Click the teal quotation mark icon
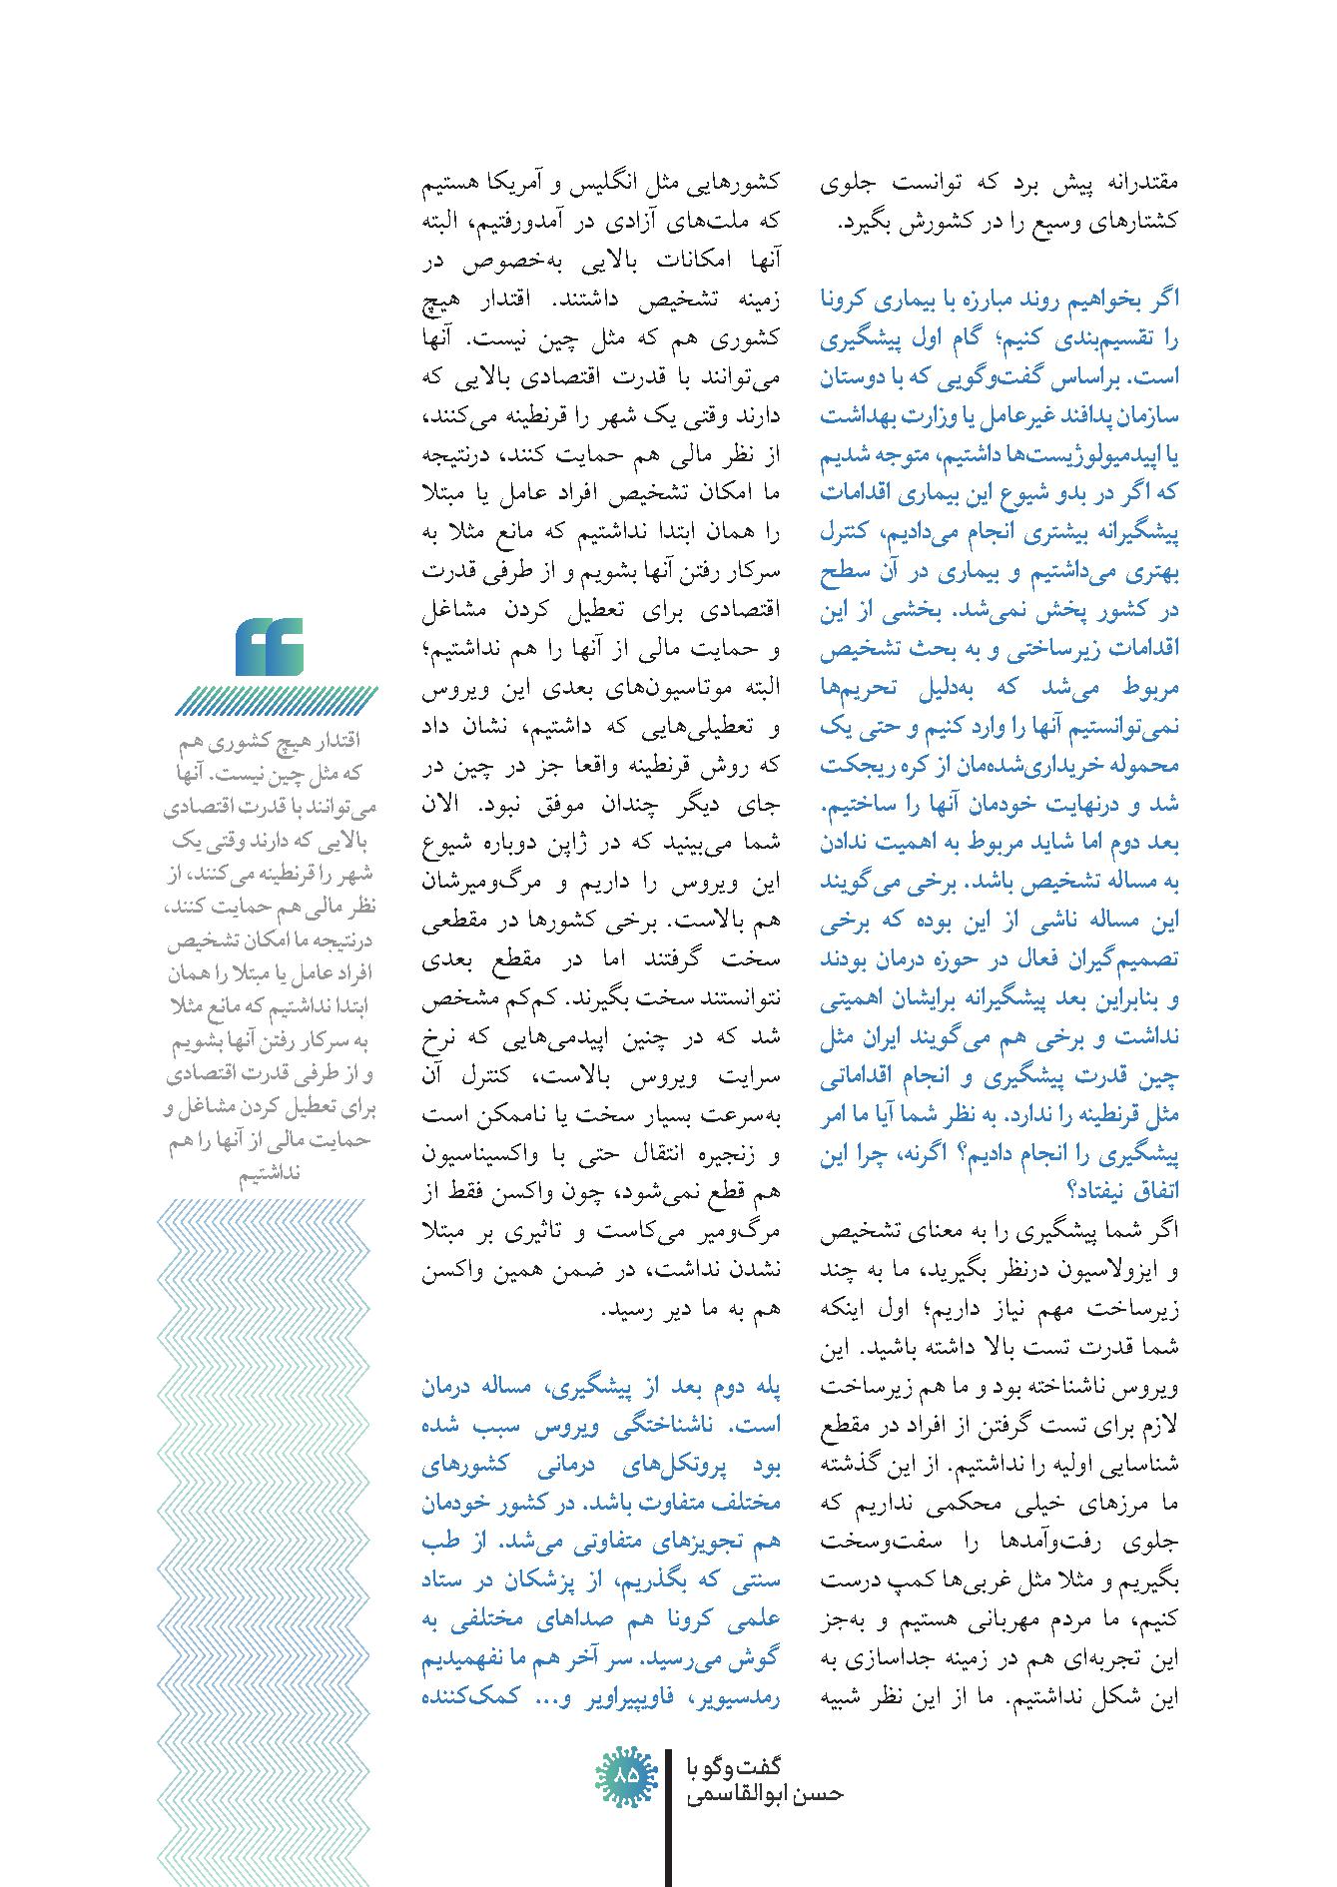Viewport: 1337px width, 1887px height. tap(270, 646)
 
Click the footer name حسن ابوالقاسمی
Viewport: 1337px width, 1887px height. tap(766, 1793)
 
